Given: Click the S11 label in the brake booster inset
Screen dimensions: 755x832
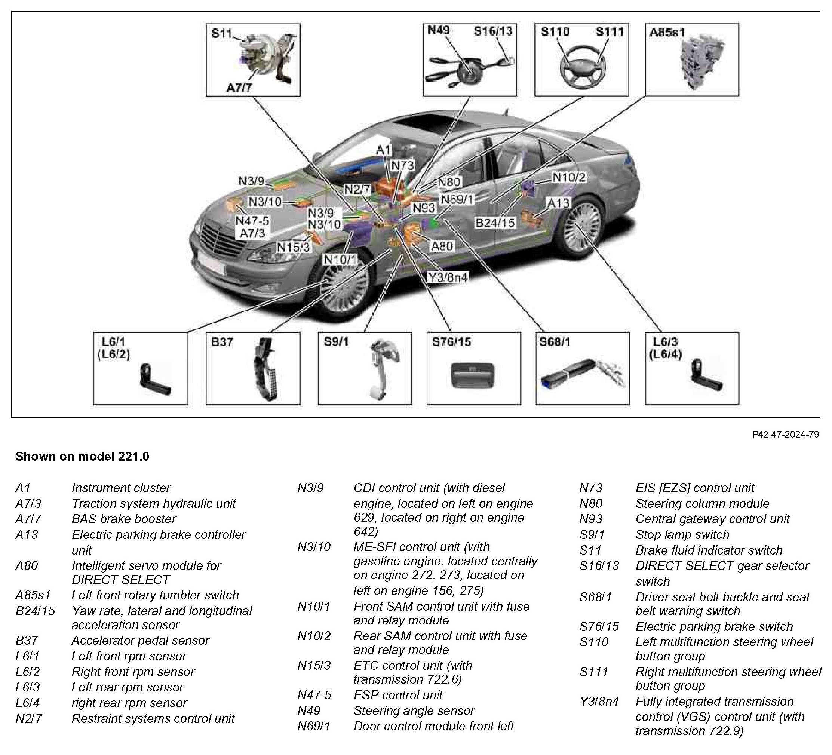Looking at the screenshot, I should [x=222, y=33].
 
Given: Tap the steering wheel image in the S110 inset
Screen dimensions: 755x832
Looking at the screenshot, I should [x=581, y=66].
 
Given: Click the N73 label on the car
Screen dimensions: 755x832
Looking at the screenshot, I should [x=402, y=165].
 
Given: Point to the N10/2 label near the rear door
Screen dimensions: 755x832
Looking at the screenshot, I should [x=569, y=177].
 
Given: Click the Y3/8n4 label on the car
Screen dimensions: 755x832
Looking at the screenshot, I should [x=448, y=277].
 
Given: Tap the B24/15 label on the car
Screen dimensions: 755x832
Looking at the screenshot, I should [x=495, y=223].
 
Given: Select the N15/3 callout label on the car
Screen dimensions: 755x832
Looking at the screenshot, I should [x=293, y=247].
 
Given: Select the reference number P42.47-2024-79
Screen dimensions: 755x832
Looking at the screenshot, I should [x=785, y=434].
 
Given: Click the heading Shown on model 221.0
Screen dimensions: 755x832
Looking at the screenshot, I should [x=82, y=457].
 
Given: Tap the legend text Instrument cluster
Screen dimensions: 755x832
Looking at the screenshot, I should [x=121, y=488].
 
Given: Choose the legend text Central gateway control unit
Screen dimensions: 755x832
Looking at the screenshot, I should [x=712, y=519].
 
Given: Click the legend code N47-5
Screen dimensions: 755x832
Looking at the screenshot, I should [x=314, y=695].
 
